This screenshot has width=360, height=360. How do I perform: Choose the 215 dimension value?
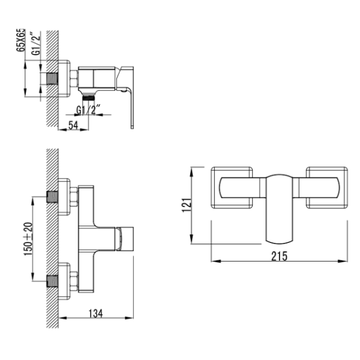[x=278, y=255]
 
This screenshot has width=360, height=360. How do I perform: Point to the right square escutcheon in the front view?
[x=325, y=187]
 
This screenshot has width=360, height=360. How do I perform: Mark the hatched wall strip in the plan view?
[x=54, y=238]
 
